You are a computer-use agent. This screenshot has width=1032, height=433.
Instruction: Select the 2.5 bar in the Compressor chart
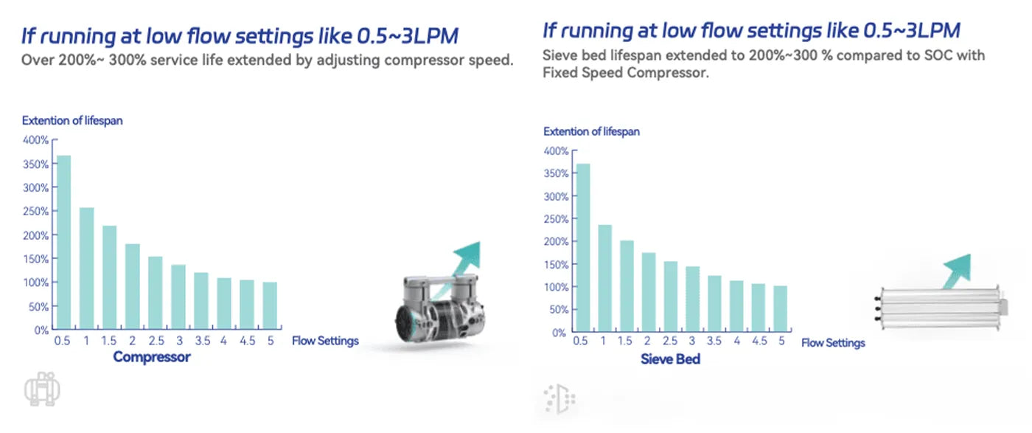pos(156,292)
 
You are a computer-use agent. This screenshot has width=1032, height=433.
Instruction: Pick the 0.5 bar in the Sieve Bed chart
pos(582,248)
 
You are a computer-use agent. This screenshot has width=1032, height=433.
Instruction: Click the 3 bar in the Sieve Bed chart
pos(692,299)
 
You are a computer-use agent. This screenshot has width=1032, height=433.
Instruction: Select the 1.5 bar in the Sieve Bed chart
pos(627,286)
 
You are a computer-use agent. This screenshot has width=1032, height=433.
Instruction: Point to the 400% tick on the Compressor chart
pos(37,140)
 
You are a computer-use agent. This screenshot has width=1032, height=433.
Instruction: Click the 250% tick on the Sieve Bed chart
pos(557,219)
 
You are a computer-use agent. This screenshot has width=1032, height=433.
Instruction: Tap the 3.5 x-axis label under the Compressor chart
pos(201,341)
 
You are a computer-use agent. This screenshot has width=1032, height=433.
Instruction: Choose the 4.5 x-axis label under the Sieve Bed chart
pos(758,342)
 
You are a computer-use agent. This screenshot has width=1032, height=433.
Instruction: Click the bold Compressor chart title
pos(152,358)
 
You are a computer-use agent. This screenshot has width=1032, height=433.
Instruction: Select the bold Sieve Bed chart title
pos(670,360)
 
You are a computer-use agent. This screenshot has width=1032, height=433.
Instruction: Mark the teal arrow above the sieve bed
pos(957,270)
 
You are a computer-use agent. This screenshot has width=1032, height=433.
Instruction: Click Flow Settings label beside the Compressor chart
pos(325,341)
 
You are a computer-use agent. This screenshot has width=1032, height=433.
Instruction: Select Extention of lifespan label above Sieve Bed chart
pos(591,131)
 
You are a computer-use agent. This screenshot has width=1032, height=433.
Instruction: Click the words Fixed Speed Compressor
pos(625,73)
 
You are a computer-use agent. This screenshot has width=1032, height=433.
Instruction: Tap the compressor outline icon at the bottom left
pos(42,390)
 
